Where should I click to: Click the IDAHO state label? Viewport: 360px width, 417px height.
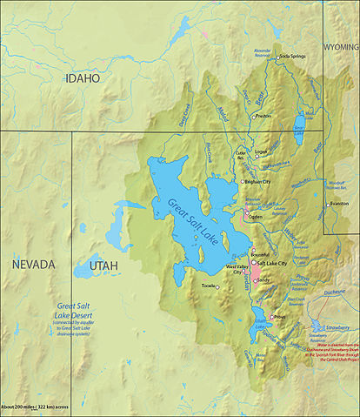click(x=83, y=78)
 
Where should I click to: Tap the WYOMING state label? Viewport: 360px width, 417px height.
click(x=340, y=45)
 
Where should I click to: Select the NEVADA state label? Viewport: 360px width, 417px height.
click(x=33, y=264)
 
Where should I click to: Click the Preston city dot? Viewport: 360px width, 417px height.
click(x=254, y=116)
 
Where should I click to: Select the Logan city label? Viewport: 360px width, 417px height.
click(x=261, y=151)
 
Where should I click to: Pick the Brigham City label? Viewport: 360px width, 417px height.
click(x=258, y=182)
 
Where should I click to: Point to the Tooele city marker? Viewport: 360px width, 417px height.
click(x=219, y=286)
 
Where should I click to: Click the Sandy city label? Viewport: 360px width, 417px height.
click(x=264, y=279)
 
